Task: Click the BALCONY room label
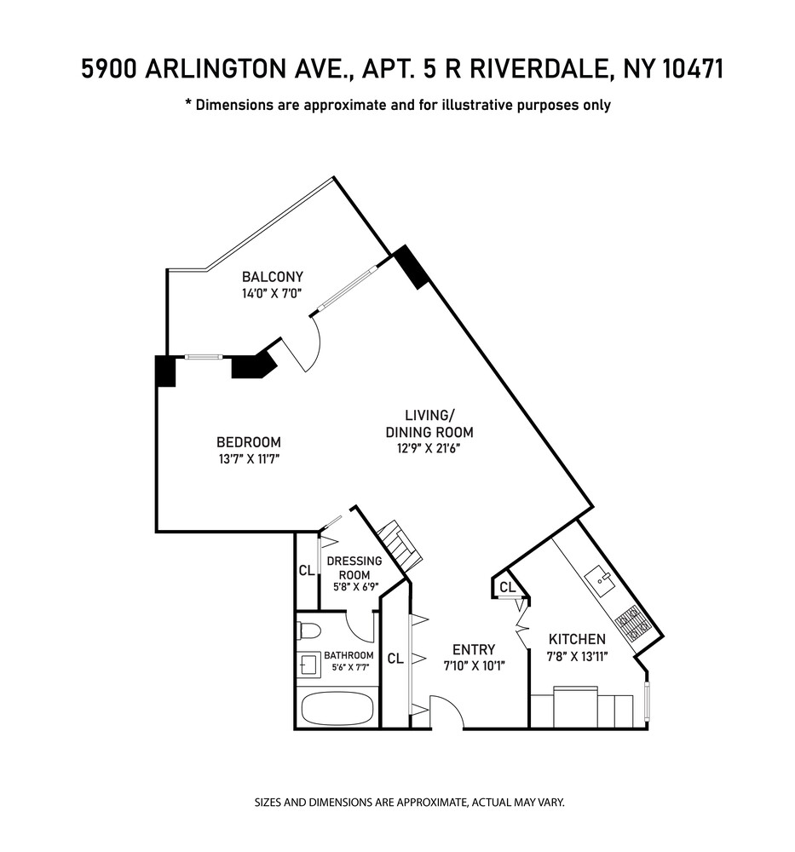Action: pyautogui.click(x=272, y=277)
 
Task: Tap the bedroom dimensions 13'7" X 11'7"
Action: pyautogui.click(x=248, y=459)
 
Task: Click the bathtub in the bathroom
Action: pyautogui.click(x=337, y=706)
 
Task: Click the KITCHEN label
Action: pyautogui.click(x=577, y=639)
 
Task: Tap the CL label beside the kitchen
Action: pyautogui.click(x=507, y=587)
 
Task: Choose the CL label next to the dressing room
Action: pyautogui.click(x=306, y=571)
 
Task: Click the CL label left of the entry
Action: pyautogui.click(x=395, y=658)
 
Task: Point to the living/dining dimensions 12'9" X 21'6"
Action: pyautogui.click(x=429, y=433)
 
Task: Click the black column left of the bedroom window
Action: pyautogui.click(x=165, y=371)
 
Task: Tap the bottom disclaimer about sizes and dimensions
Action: pyautogui.click(x=410, y=803)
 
